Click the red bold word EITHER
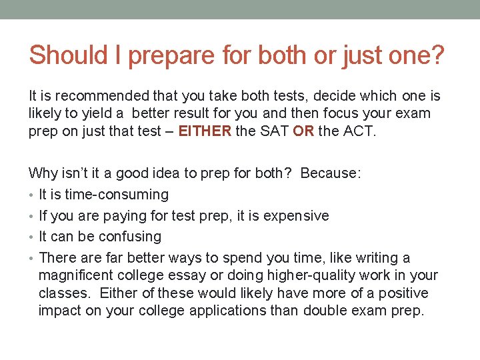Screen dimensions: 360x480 click(x=205, y=131)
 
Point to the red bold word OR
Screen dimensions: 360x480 click(x=303, y=131)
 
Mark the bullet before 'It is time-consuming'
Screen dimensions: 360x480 click(x=32, y=195)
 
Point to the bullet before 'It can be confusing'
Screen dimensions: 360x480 click(x=32, y=237)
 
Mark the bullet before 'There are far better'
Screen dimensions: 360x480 click(x=32, y=259)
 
